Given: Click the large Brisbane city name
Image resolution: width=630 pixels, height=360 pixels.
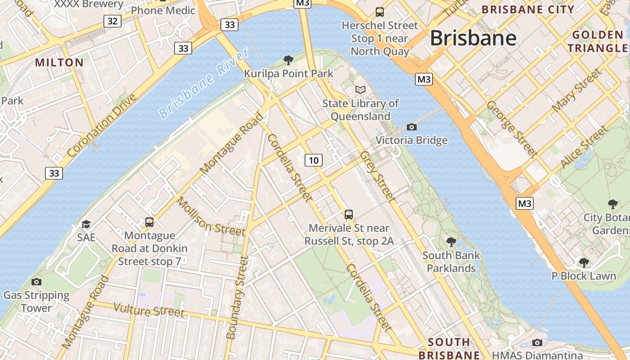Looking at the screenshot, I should (x=473, y=38).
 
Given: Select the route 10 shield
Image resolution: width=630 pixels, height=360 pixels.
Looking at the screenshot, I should (x=314, y=160).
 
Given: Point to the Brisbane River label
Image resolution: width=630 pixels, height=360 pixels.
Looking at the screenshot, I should (x=204, y=84).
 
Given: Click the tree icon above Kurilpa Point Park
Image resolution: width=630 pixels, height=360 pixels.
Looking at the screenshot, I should (x=288, y=60).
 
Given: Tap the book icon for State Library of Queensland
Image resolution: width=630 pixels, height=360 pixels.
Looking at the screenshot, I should (x=360, y=90).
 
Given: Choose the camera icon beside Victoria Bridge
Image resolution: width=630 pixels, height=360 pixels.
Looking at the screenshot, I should (x=411, y=127).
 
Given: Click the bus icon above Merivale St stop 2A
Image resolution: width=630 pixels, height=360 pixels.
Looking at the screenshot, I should (x=349, y=214).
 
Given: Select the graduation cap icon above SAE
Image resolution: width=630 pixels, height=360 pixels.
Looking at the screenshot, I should (x=86, y=224).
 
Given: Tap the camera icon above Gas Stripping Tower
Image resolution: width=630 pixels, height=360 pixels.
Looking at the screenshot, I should (x=36, y=282).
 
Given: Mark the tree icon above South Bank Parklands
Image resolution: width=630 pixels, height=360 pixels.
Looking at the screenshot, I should (x=451, y=242).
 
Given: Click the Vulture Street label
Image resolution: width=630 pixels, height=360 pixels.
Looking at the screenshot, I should (x=149, y=310).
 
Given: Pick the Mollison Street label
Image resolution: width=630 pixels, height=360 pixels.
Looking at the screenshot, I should (x=211, y=216).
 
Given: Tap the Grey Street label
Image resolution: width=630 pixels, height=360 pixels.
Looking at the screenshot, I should (x=378, y=176).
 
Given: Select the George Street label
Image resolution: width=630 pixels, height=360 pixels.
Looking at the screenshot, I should (x=512, y=129).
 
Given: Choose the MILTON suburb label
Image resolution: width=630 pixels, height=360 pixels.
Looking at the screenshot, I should (x=59, y=63).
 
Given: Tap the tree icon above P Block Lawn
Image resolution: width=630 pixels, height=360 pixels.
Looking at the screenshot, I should (x=584, y=262).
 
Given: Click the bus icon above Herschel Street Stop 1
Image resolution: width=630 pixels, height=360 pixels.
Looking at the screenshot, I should (x=380, y=12).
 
